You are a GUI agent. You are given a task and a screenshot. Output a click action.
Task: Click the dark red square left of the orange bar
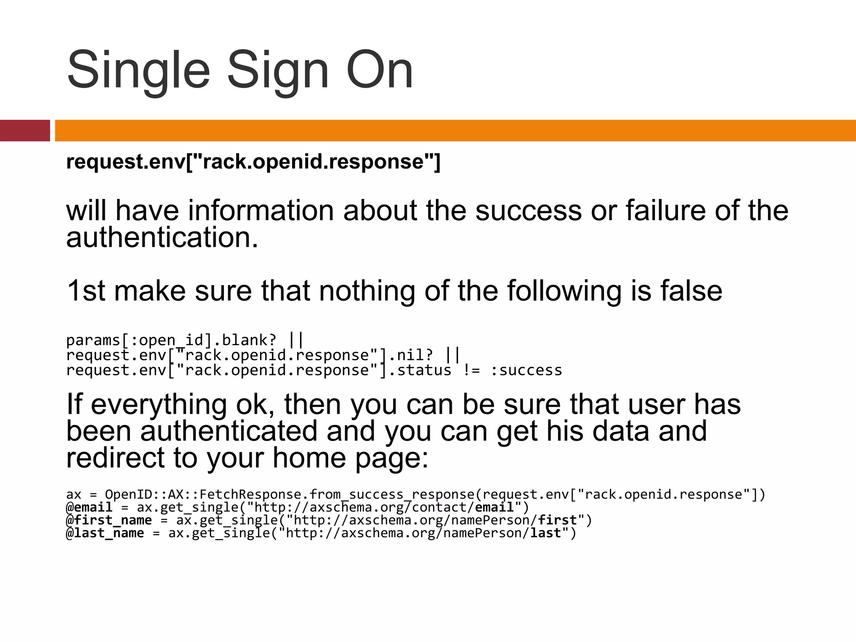[x=25, y=130]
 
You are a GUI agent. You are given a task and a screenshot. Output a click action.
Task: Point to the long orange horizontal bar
[x=455, y=130]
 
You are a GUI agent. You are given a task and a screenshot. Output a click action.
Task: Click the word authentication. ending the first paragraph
[x=162, y=237]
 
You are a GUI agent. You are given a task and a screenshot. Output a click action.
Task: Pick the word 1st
[x=86, y=291]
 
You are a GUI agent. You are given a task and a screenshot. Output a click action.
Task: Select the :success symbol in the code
[x=526, y=370]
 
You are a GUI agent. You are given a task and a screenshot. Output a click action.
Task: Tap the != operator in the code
[x=471, y=370]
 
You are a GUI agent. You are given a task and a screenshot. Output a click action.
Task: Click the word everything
[x=159, y=405]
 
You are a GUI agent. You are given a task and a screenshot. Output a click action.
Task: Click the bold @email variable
[x=89, y=507]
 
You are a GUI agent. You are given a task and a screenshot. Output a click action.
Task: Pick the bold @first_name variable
[x=109, y=520]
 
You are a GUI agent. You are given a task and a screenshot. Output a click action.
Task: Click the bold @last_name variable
[x=105, y=533]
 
